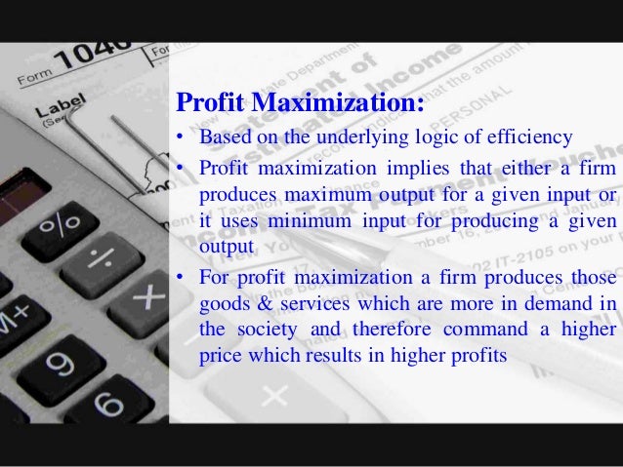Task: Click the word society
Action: pos(265,331)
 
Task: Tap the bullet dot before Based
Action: pos(181,136)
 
